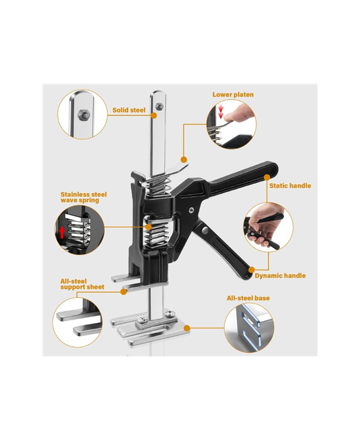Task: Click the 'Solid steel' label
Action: tap(129, 110)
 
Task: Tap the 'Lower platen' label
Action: tap(233, 95)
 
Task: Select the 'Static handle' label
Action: tap(290, 185)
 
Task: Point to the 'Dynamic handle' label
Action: tap(280, 276)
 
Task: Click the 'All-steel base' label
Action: tap(248, 298)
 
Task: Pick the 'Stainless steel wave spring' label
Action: tap(84, 197)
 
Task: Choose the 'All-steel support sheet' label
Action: tap(82, 284)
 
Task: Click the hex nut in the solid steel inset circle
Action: tap(84, 114)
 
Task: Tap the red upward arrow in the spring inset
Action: tap(62, 232)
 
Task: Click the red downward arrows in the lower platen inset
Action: tap(221, 112)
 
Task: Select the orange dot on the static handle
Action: tap(267, 177)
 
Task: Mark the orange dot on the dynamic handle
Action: tap(252, 269)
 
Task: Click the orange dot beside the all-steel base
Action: tap(187, 328)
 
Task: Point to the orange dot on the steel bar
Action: tap(154, 115)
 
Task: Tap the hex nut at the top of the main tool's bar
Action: tap(160, 106)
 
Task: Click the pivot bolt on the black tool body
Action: tap(191, 210)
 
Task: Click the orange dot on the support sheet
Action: tap(123, 291)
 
